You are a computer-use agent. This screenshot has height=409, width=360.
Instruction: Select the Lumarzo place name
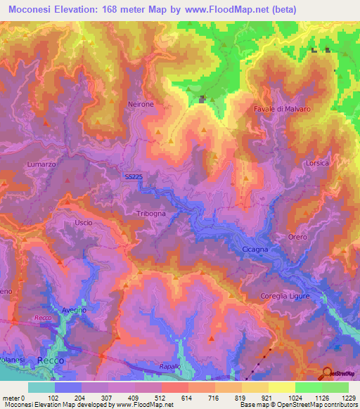click(41, 164)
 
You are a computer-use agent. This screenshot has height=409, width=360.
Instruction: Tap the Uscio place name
click(82, 222)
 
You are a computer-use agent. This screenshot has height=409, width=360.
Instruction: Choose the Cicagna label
click(255, 249)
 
